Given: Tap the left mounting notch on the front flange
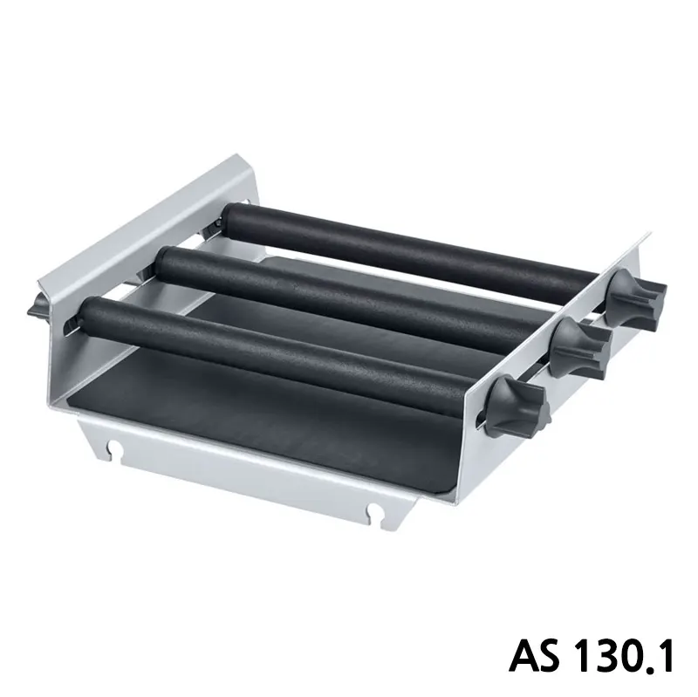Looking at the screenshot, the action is coord(115,446).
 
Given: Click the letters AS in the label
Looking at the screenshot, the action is coord(534,657).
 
